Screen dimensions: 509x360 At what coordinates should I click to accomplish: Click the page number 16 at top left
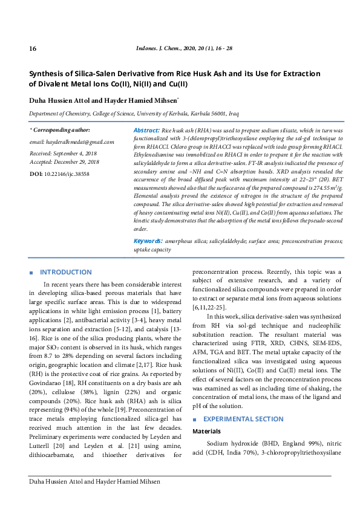[x=33, y=48]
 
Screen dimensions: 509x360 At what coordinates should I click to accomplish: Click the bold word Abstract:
[x=146, y=131]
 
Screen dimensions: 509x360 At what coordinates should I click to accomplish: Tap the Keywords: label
[x=148, y=241]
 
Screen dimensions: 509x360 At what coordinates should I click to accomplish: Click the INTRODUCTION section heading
[x=66, y=273]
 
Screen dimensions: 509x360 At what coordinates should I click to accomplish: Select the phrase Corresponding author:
[x=62, y=130]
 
